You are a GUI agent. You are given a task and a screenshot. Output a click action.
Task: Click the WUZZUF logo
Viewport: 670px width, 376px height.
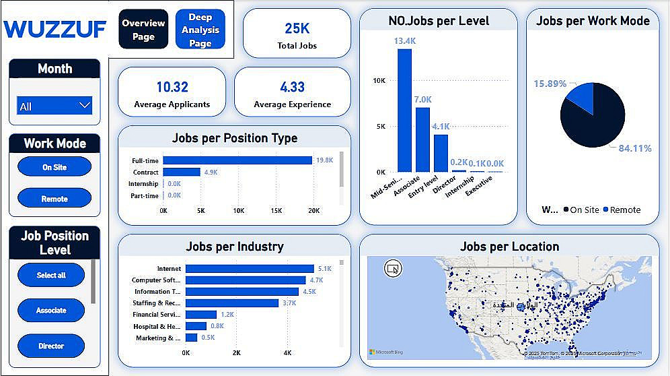coord(55,29)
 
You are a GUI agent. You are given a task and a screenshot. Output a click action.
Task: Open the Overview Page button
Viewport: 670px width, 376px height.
coord(143,30)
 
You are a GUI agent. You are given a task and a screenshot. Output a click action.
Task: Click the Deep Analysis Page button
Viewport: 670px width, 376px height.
coord(200,30)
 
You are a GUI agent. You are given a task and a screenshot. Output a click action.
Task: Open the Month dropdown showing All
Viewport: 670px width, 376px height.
coord(54,106)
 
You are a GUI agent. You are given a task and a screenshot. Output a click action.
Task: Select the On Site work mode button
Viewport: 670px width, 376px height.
coord(54,167)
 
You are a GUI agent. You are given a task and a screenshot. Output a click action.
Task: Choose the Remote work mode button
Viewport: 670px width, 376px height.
coord(54,199)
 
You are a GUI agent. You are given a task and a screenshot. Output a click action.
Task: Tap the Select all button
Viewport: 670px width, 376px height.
coord(51,275)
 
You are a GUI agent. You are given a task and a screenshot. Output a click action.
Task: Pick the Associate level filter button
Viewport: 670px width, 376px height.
coord(51,311)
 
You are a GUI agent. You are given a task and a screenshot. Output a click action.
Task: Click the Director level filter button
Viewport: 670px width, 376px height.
coord(51,346)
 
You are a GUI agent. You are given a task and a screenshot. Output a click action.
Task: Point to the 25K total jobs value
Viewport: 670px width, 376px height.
coord(297,28)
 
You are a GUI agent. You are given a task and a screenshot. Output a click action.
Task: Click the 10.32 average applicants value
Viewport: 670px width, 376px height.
coord(172,87)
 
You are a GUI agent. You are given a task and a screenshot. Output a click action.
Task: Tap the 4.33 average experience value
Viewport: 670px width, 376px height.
coord(293,87)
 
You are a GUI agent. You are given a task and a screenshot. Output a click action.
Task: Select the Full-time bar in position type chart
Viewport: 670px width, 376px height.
coord(237,160)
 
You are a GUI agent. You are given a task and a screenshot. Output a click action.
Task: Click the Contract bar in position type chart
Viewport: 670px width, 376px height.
coord(182,172)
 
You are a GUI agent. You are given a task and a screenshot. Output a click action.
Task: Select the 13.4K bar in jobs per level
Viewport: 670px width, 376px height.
coord(404,111)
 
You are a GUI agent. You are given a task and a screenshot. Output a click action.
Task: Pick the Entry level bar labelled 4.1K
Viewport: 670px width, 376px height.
coord(441,154)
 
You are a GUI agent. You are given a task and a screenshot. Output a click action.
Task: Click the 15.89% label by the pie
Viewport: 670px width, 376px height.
coord(550,84)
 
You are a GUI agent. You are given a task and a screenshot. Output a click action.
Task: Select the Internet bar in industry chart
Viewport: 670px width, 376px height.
coord(250,269)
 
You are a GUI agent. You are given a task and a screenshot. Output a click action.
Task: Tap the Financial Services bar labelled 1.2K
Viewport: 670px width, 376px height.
coord(200,314)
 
